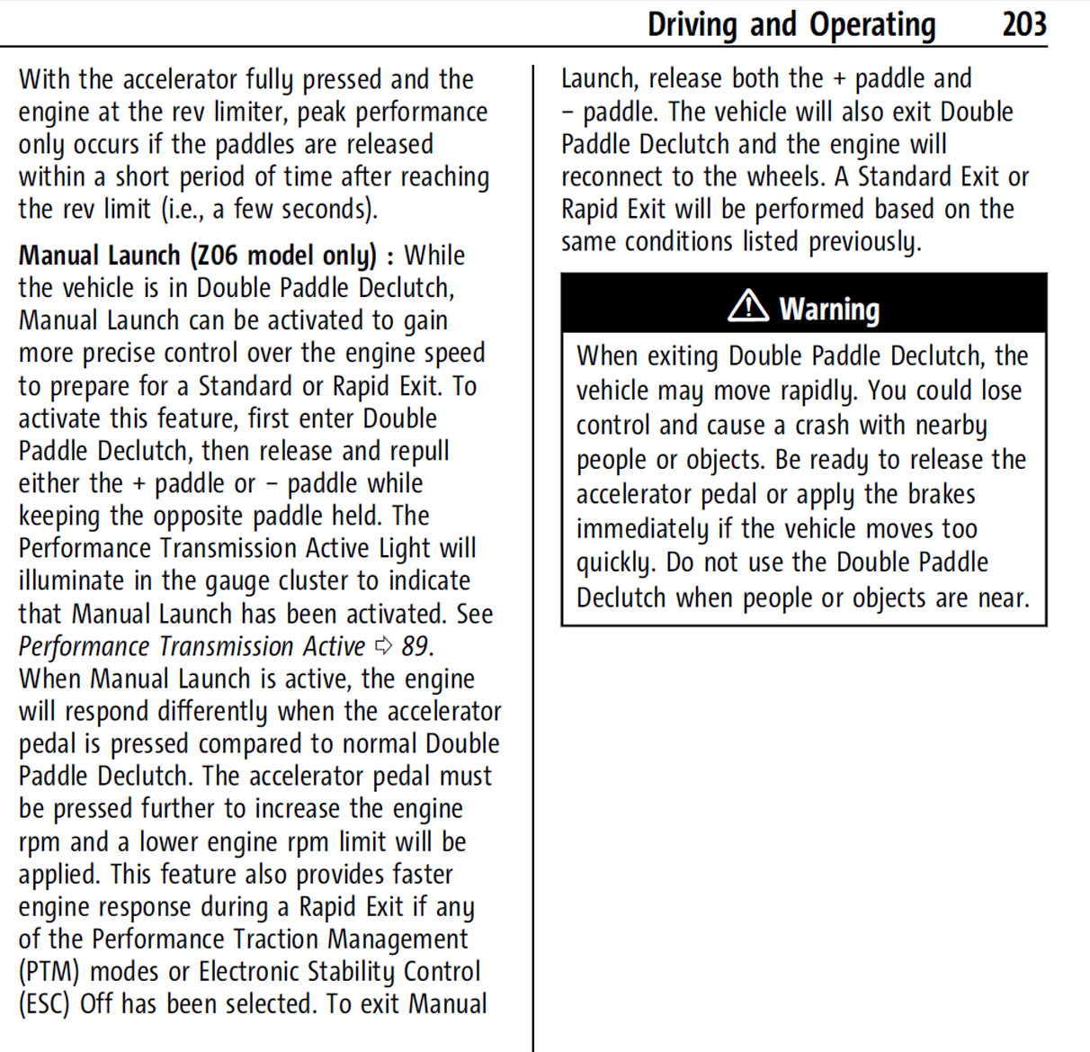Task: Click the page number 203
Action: [1024, 24]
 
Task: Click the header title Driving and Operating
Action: [791, 24]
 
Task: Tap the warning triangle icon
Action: [747, 307]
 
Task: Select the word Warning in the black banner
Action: [829, 309]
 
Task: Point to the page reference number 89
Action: [415, 646]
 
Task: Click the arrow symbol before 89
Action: [384, 645]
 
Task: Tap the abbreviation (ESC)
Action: [44, 1004]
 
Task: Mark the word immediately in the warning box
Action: [642, 529]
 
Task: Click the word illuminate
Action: [71, 581]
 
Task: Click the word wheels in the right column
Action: [789, 177]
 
